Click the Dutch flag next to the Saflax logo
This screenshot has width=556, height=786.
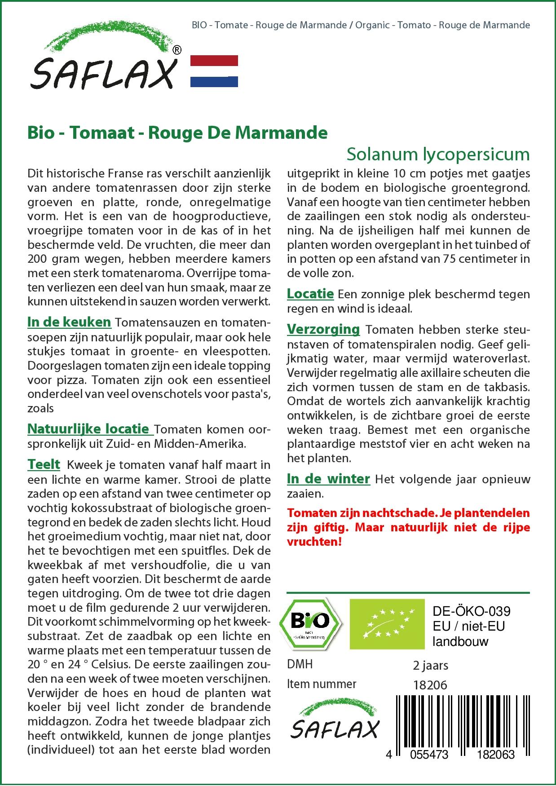pyautogui.click(x=214, y=71)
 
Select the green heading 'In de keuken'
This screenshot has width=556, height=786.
pyautogui.click(x=69, y=322)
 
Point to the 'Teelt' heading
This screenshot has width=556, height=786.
pyautogui.click(x=44, y=464)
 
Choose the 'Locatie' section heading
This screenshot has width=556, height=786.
pyautogui.click(x=310, y=294)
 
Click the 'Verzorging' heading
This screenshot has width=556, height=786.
pyautogui.click(x=323, y=329)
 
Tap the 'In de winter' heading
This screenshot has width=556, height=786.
pyautogui.click(x=328, y=479)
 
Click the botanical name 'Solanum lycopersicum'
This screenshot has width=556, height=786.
pyautogui.click(x=438, y=154)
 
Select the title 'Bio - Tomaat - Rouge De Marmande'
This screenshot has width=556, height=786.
pyautogui.click(x=177, y=133)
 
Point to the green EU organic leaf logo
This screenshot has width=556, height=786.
pyautogui.click(x=387, y=624)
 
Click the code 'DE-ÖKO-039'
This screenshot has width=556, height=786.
pyautogui.click(x=472, y=611)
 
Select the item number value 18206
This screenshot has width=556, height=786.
pyautogui.click(x=430, y=684)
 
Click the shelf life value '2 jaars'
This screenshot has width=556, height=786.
pyautogui.click(x=430, y=665)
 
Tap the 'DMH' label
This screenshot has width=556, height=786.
pyautogui.click(x=300, y=664)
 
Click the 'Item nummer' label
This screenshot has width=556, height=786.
pyautogui.click(x=322, y=684)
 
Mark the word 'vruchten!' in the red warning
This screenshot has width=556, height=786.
pyautogui.click(x=314, y=542)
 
